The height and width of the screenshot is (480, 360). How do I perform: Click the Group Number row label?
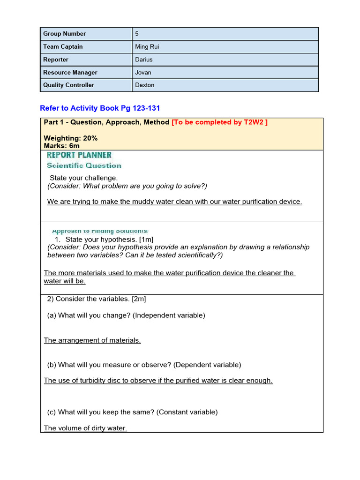(x=65, y=34)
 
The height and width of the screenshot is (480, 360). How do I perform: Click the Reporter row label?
(x=56, y=60)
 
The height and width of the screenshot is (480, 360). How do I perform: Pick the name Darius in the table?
(x=144, y=60)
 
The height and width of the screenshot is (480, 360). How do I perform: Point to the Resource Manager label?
(x=70, y=73)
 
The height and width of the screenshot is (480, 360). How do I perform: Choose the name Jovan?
(x=143, y=73)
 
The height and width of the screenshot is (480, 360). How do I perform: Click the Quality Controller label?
(x=68, y=85)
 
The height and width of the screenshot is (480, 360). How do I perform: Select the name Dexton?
(x=144, y=85)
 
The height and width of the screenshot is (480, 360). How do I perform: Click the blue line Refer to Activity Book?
(x=100, y=108)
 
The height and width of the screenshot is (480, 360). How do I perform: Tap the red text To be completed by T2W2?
(x=220, y=122)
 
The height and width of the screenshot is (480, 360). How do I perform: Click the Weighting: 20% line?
(x=71, y=138)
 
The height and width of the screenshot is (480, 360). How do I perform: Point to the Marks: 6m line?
(x=61, y=146)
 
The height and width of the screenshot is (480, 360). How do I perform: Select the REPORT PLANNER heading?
(x=79, y=155)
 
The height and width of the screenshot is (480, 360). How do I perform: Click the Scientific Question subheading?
(x=84, y=165)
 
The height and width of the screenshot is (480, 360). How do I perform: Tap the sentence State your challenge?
(x=84, y=178)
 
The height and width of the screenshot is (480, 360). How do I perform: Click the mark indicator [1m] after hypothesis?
(x=150, y=240)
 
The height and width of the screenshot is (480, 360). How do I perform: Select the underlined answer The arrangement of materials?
(x=92, y=340)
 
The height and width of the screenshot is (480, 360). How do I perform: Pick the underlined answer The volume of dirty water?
(x=85, y=428)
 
